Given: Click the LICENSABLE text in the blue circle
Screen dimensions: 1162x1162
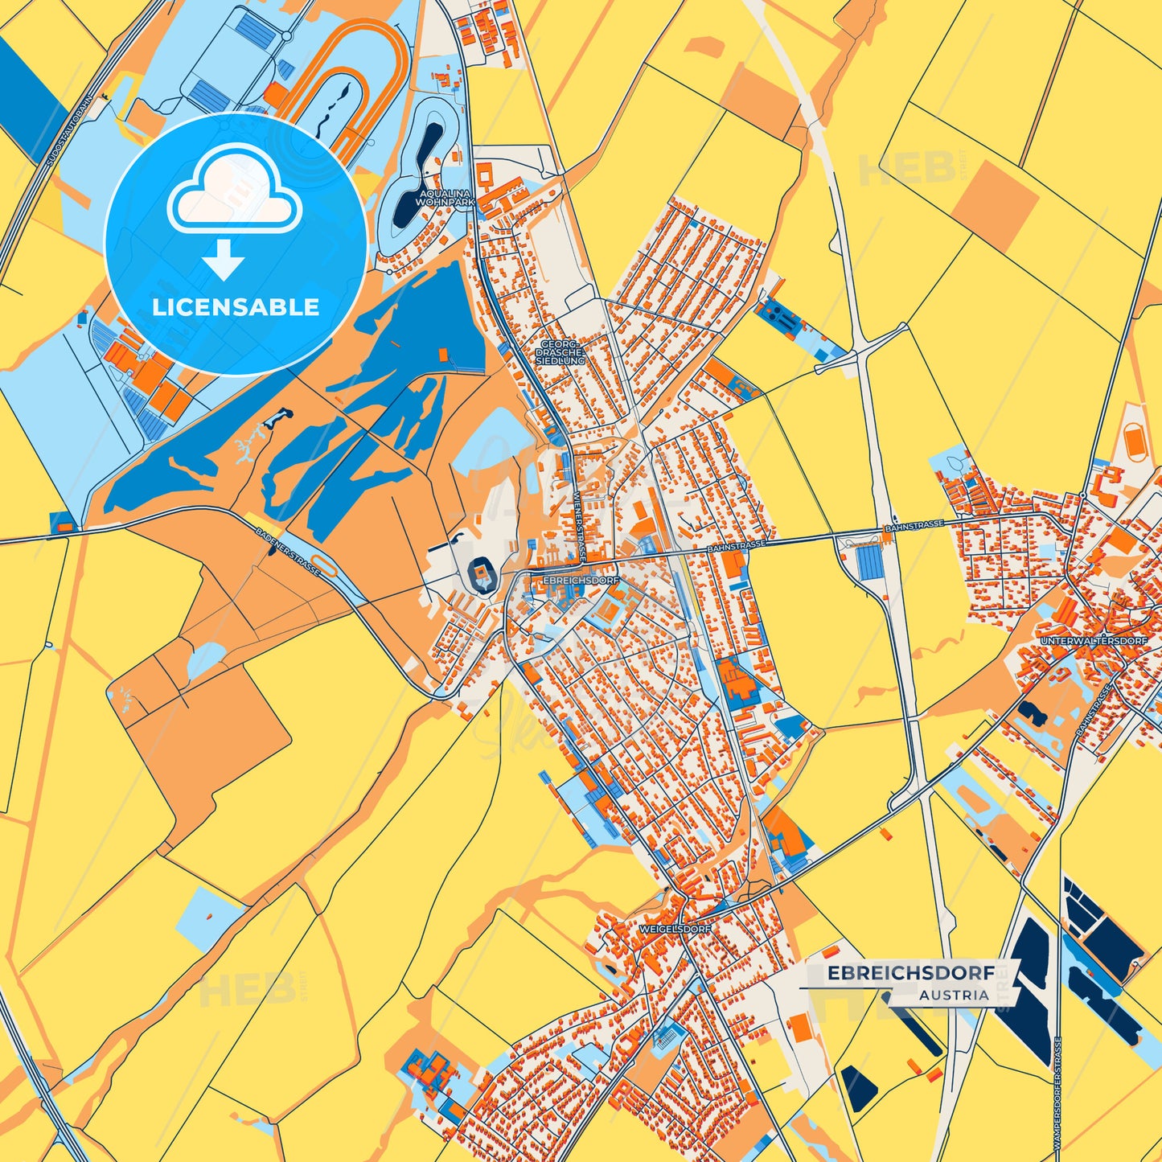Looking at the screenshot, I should [x=236, y=307].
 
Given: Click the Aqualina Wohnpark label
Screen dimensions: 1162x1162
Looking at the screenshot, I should [x=445, y=199].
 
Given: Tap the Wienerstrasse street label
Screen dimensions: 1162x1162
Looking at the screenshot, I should [x=580, y=528].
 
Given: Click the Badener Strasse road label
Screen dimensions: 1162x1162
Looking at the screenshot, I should [x=288, y=551].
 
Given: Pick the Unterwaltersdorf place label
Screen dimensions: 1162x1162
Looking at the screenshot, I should [x=1093, y=641].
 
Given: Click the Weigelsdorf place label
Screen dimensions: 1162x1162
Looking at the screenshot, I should [x=675, y=929].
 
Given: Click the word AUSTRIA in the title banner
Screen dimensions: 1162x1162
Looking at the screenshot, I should [x=955, y=995].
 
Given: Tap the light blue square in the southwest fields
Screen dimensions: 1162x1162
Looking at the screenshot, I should [x=208, y=911].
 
